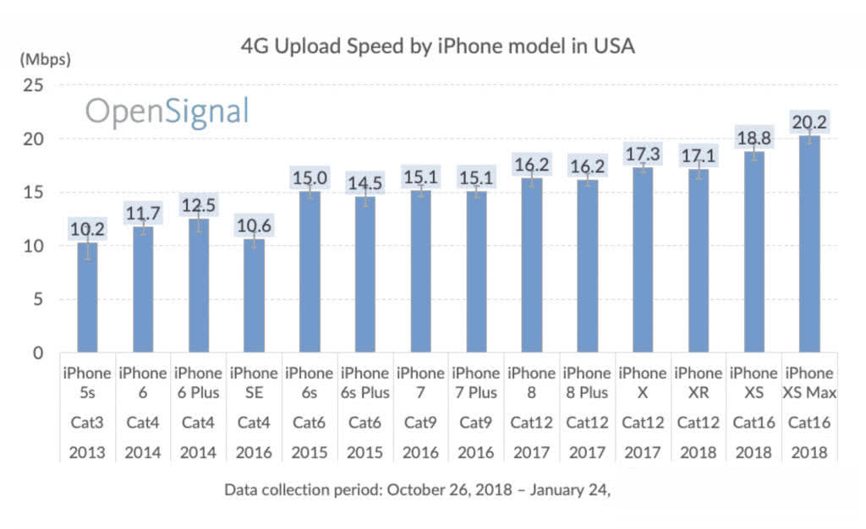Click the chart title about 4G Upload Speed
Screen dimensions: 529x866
pyautogui.click(x=437, y=47)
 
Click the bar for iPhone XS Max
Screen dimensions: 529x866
pyautogui.click(x=809, y=244)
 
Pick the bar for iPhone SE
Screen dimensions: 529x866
pyautogui.click(x=254, y=296)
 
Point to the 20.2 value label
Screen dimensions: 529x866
pyautogui.click(x=809, y=123)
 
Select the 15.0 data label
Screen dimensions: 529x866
pyautogui.click(x=310, y=178)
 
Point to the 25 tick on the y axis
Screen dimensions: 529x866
pyautogui.click(x=36, y=85)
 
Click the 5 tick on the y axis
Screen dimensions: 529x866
pyautogui.click(x=39, y=299)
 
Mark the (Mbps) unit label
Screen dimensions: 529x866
pyautogui.click(x=45, y=60)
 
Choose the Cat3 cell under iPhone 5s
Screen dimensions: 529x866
pyautogui.click(x=88, y=422)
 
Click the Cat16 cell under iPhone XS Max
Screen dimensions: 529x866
pyautogui.click(x=809, y=422)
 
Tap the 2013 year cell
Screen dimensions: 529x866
pyautogui.click(x=88, y=452)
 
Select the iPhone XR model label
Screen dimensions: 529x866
pyautogui.click(x=699, y=382)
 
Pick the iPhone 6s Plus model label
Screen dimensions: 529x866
pyautogui.click(x=364, y=382)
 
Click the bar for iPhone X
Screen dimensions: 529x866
pyautogui.click(x=643, y=259)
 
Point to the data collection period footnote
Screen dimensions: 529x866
pyautogui.click(x=417, y=489)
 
